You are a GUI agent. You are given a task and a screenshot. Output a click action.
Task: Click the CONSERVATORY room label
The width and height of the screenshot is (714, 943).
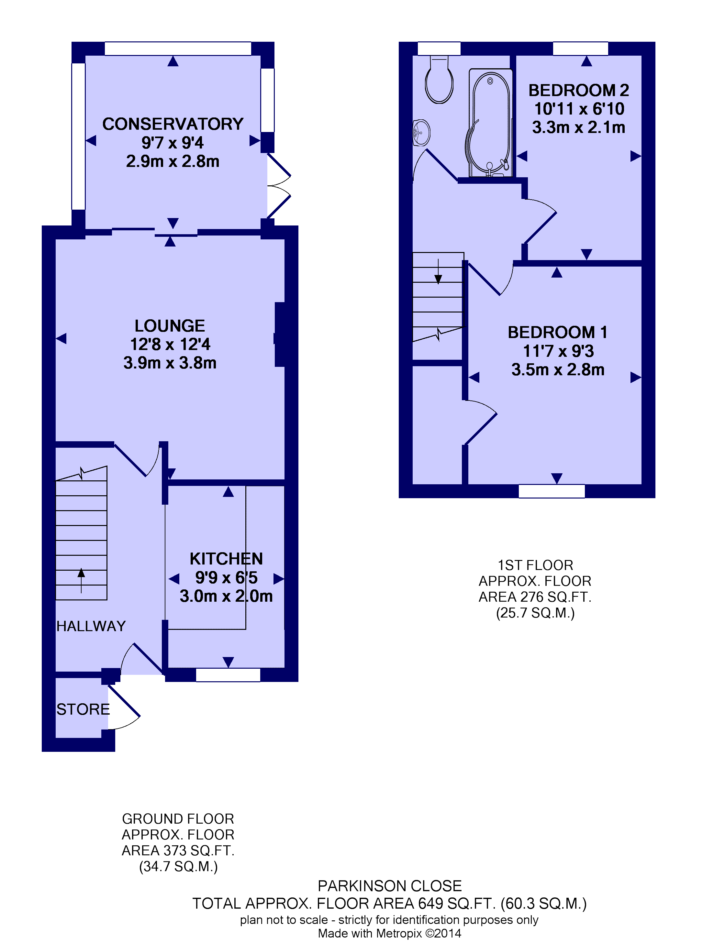point(173,124)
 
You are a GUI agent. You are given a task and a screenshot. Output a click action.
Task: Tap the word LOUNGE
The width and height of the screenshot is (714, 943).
point(170,326)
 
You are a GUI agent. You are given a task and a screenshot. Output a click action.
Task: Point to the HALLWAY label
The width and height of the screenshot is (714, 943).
point(91,626)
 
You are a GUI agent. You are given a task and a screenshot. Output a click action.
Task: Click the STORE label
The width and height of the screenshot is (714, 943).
point(83,709)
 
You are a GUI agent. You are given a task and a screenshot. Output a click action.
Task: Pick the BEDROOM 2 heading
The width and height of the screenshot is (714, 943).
point(579,90)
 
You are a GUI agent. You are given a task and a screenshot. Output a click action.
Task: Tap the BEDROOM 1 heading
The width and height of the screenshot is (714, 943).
point(557,332)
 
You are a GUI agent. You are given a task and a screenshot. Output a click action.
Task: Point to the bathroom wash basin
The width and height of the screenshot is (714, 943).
point(421,133)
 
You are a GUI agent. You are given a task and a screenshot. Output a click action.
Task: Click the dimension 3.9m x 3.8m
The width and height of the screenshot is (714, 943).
point(170,363)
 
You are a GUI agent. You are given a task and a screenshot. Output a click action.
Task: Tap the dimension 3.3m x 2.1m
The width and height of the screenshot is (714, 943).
point(579,127)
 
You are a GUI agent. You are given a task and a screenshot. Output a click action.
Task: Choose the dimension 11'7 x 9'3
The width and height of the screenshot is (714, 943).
point(558,351)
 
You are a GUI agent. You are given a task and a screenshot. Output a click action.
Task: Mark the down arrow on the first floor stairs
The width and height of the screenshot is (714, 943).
point(438,271)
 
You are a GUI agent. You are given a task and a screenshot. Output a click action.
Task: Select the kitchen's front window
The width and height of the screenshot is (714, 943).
point(228,675)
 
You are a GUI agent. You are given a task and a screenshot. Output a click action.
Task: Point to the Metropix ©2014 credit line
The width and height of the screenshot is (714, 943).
point(389,934)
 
